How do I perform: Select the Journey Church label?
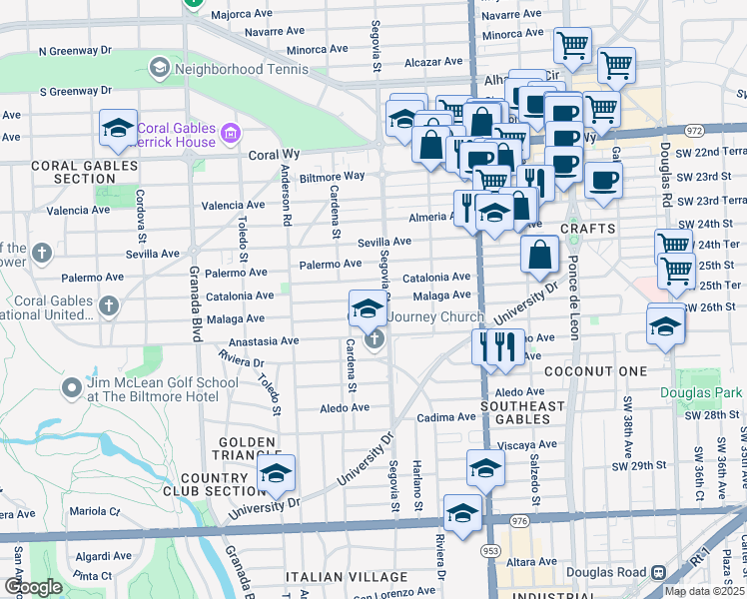pos(436,317)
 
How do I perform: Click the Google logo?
pos(34,587)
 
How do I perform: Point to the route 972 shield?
pos(695,130)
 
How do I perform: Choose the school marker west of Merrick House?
pos(118,128)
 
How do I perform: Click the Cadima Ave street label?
pos(446,417)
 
